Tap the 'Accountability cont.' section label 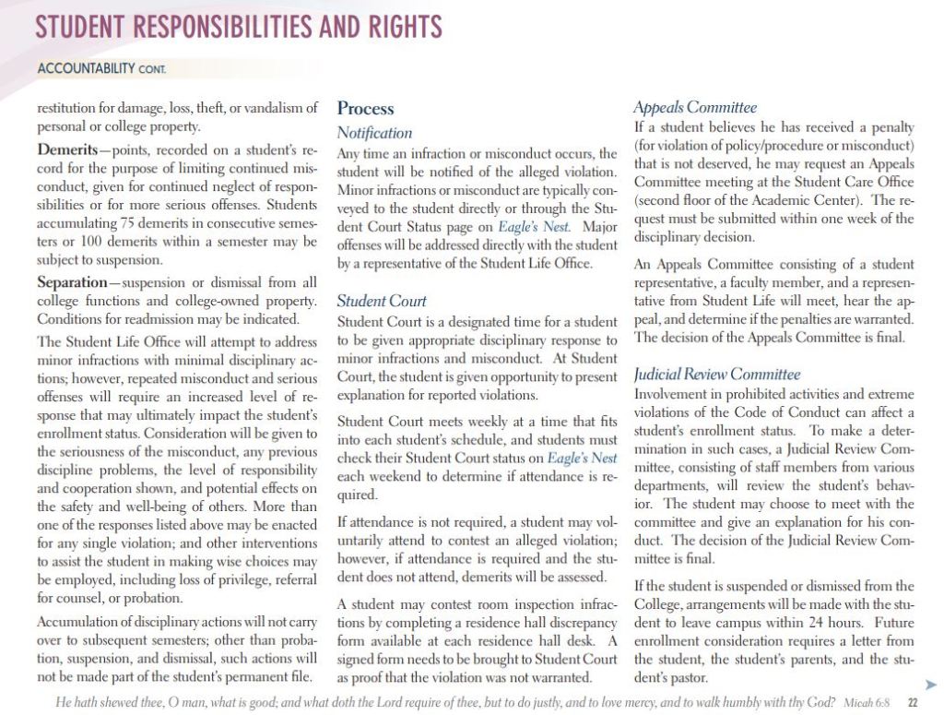(x=100, y=68)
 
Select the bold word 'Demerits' (x=71, y=149)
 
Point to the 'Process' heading (x=365, y=109)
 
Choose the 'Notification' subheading (x=374, y=133)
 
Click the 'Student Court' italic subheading (x=382, y=301)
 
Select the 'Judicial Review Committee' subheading (x=717, y=375)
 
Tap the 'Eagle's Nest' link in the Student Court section (x=582, y=458)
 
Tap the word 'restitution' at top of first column (x=73, y=108)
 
